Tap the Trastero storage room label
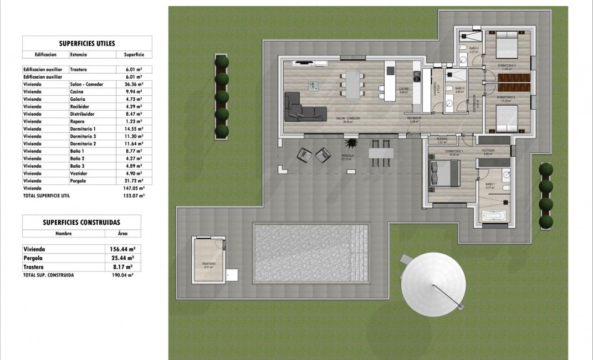pyautogui.click(x=208, y=264)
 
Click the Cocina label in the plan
pyautogui.click(x=404, y=90)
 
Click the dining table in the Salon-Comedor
pyautogui.click(x=350, y=84)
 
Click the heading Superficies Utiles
pyautogui.click(x=87, y=43)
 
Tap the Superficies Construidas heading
pyautogui.click(x=81, y=222)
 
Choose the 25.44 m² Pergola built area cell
pyautogui.click(x=122, y=258)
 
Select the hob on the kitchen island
pyautogui.click(x=390, y=70)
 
